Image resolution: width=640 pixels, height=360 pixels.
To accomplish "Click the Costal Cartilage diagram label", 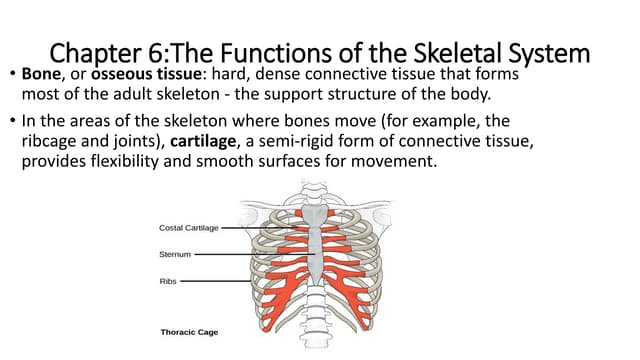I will (x=189, y=227).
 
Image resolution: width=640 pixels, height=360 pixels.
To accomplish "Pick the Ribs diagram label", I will (x=168, y=281).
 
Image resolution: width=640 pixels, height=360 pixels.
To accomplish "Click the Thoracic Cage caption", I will (x=190, y=331).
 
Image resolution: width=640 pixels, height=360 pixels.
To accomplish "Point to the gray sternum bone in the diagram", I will (x=314, y=250).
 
